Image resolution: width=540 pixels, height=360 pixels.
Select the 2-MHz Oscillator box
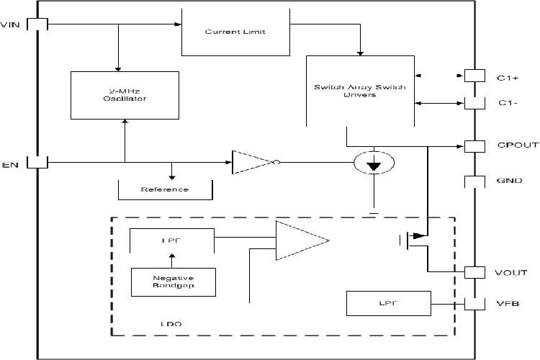(125, 94)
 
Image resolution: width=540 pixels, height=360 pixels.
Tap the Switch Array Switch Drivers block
(359, 91)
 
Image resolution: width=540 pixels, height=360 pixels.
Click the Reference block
(165, 189)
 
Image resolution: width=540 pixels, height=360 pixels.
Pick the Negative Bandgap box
(173, 282)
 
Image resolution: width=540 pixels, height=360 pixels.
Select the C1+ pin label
(508, 75)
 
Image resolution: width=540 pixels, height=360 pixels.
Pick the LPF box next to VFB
(388, 304)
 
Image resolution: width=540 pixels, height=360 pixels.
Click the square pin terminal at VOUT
(474, 272)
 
